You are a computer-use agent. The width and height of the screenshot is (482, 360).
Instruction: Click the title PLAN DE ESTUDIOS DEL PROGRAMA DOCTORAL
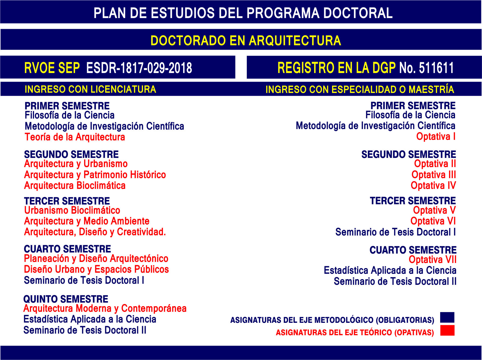(243, 13)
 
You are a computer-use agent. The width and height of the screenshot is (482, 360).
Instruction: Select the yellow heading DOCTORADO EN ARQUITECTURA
(246, 41)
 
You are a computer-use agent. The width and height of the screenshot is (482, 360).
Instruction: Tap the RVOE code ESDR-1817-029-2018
(139, 68)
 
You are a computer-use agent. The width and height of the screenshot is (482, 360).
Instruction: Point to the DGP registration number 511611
(436, 68)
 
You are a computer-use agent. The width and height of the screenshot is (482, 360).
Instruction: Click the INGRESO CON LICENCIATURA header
(90, 89)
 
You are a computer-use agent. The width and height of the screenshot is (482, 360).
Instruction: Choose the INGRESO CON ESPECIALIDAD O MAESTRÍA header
(360, 89)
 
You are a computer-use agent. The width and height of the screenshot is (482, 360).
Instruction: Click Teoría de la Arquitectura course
(75, 137)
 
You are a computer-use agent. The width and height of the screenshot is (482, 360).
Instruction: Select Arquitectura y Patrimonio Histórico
(95, 175)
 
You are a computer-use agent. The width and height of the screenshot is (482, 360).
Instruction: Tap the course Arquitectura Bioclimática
(75, 186)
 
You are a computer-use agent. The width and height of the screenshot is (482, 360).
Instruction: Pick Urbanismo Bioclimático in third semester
(72, 210)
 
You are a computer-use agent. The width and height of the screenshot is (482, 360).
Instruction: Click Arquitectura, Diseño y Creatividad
(95, 232)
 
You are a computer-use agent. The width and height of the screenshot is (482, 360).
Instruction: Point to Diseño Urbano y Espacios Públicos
(96, 269)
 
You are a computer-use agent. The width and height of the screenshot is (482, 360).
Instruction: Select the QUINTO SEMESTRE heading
(66, 299)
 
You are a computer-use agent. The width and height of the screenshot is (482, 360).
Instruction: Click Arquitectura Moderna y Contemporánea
(105, 308)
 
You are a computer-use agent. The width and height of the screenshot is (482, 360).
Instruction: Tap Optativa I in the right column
(436, 137)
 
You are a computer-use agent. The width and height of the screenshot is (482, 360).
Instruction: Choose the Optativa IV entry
(433, 186)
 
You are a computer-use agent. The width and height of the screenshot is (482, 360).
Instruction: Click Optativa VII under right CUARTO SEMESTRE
(433, 260)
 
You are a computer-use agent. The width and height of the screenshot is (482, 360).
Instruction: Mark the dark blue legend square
(447, 317)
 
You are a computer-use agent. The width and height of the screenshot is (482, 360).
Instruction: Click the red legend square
(447, 330)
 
